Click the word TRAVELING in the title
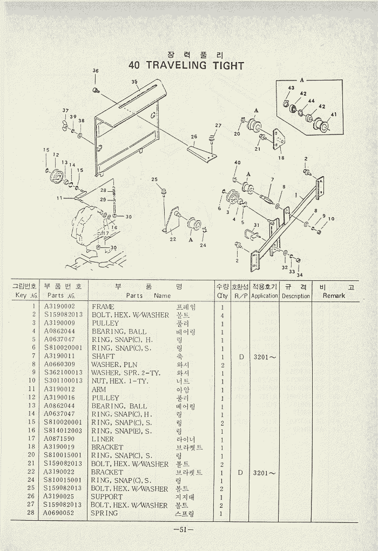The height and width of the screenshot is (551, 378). (x=176, y=66)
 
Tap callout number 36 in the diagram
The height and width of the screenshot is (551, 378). (x=96, y=71)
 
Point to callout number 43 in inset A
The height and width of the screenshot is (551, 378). (x=291, y=88)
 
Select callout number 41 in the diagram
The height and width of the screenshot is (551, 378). (x=333, y=115)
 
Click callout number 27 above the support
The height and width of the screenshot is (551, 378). (x=218, y=126)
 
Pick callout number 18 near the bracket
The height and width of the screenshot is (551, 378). (x=281, y=158)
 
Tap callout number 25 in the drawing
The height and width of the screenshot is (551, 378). (x=154, y=179)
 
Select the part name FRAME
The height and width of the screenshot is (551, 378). (x=103, y=307)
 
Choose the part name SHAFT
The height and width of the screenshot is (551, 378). (x=103, y=357)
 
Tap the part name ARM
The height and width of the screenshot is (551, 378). (x=99, y=389)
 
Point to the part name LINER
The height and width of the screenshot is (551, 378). (x=103, y=439)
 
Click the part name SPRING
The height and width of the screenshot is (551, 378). (x=104, y=513)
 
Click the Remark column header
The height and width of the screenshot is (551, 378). (x=333, y=295)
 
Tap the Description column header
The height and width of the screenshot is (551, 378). (x=296, y=296)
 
